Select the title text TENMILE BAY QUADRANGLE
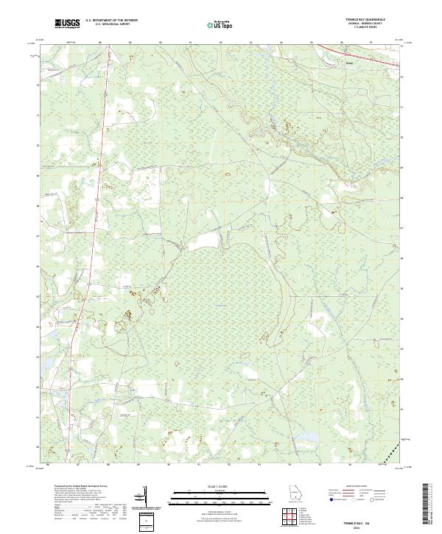point(369,20)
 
